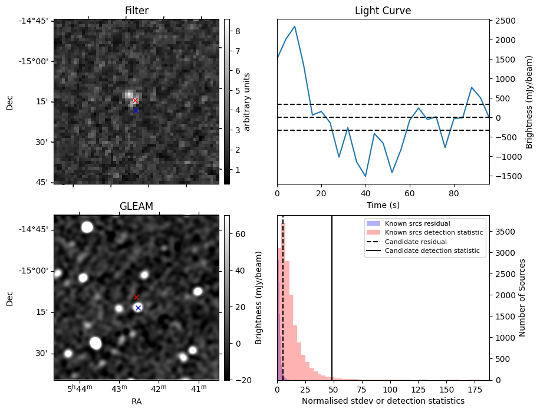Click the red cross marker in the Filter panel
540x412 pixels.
[x=135, y=101]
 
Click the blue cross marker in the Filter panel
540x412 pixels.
[x=136, y=110]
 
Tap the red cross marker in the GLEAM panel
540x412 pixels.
[x=136, y=297]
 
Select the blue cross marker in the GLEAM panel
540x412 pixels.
[x=138, y=308]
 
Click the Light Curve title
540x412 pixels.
[x=383, y=11]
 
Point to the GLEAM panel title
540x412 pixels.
[x=136, y=206]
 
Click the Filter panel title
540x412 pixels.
[x=136, y=11]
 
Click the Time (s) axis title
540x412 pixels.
[x=383, y=204]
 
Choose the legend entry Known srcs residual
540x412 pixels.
[x=417, y=223]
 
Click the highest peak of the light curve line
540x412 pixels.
[x=295, y=26]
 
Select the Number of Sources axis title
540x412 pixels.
[x=522, y=297]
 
